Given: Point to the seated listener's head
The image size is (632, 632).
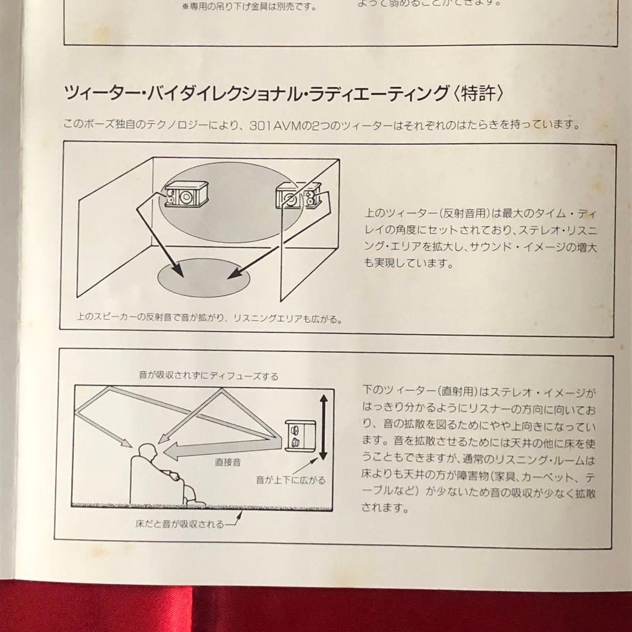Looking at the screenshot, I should (148, 453).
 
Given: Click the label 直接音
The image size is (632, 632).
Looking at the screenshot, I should (228, 462).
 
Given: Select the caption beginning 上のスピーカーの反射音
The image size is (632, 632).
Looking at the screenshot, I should (209, 320).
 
